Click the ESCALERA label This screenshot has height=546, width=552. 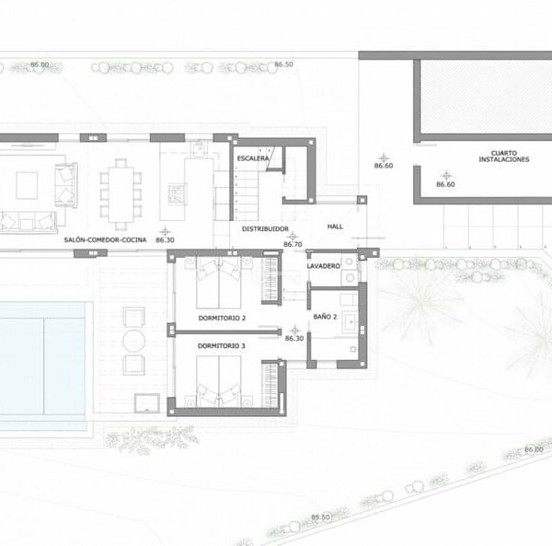click(253, 158)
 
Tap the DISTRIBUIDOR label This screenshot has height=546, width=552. click(265, 229)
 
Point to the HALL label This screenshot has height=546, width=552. click(335, 227)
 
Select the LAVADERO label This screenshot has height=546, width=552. click(323, 266)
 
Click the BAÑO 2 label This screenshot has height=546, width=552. click(325, 317)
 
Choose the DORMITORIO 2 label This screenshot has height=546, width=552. click(222, 318)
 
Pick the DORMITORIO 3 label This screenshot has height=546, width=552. click(221, 346)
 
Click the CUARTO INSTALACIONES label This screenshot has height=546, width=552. click(504, 156)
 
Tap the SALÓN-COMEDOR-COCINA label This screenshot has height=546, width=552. click(105, 240)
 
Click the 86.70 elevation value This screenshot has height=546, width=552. click(293, 244)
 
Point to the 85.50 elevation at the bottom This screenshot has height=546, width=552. click(320, 517)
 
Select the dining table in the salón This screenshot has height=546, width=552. click(121, 194)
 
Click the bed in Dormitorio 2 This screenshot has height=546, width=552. click(219, 283)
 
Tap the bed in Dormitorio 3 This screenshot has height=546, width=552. click(219, 381)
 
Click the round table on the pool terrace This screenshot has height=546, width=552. click(133, 341)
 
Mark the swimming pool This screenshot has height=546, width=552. click(42, 358)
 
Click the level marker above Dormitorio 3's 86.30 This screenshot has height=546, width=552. click(294, 331)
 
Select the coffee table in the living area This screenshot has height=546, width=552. click(27, 186)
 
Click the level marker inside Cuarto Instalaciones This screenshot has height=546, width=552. click(447, 175)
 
